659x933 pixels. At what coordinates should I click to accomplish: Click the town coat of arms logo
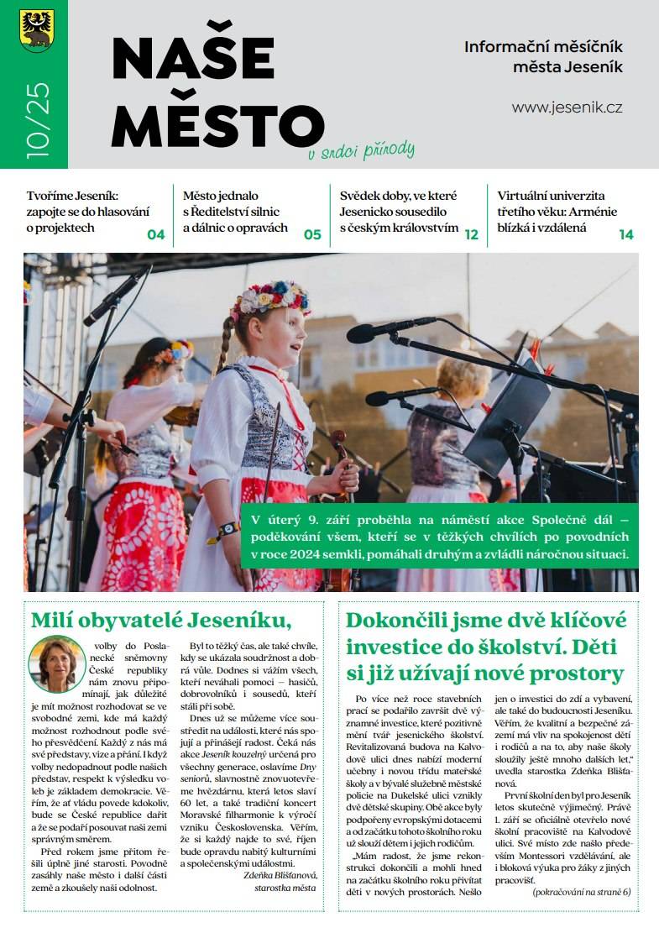click(36, 30)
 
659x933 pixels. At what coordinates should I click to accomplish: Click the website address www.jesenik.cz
click(567, 107)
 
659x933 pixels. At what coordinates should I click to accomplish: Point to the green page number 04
click(156, 235)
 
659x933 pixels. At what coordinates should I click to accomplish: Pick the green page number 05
click(312, 235)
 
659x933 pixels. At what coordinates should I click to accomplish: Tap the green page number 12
click(471, 235)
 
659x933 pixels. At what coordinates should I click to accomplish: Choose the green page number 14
click(626, 235)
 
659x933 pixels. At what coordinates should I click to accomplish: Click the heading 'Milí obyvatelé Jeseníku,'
click(160, 620)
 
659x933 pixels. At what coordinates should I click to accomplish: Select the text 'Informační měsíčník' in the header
click(543, 47)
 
